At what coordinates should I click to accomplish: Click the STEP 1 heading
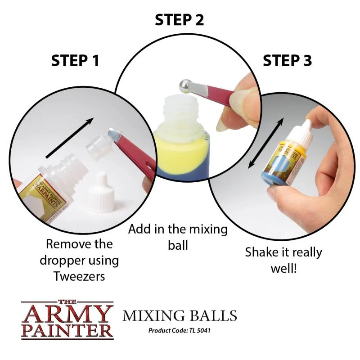coord(75,60)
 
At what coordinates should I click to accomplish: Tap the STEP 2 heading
coord(180,20)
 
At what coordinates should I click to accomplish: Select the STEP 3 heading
coord(287,60)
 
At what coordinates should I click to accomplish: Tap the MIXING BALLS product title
coord(180,315)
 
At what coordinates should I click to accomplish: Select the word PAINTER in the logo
coord(67,330)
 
